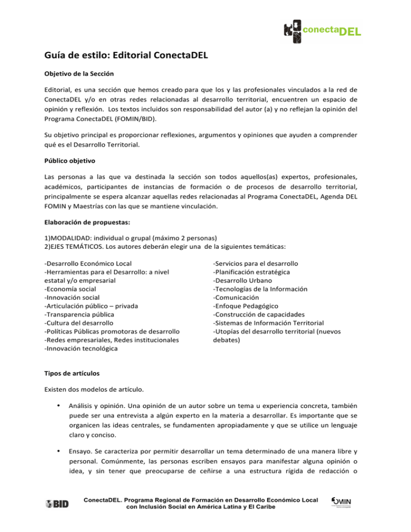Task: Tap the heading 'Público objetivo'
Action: pos(69,162)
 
